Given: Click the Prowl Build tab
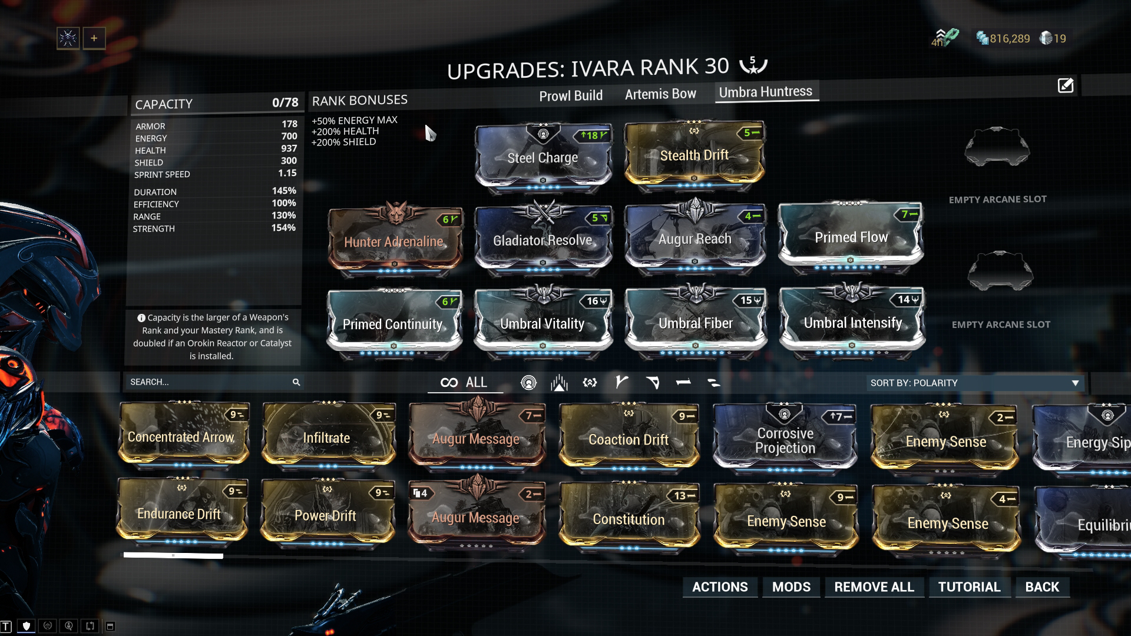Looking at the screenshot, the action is click(570, 95).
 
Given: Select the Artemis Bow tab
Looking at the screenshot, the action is click(660, 94).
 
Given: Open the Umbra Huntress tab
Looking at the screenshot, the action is click(765, 92).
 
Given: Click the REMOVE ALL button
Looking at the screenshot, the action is click(874, 587).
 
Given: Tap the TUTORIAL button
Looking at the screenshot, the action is click(969, 587).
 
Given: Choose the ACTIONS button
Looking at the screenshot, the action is click(720, 587).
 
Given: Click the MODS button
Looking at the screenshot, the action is click(791, 587).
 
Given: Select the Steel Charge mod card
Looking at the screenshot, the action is click(543, 157).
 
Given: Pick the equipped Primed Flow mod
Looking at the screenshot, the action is click(851, 237).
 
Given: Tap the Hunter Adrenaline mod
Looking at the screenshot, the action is click(393, 241).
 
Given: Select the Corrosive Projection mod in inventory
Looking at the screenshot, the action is click(785, 440).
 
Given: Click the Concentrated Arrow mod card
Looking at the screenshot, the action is click(181, 437).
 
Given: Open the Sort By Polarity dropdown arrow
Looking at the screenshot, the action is click(1075, 383).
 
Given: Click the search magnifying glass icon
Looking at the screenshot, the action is click(296, 382).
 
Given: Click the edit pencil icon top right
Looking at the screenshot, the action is click(1066, 86).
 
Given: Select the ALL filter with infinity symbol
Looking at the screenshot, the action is click(465, 383).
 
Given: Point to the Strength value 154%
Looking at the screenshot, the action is click(283, 228).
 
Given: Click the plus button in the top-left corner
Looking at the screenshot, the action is click(94, 38).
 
